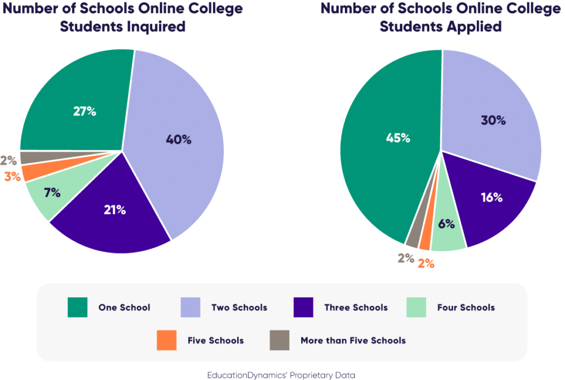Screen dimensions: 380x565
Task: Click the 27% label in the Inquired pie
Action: click(x=84, y=111)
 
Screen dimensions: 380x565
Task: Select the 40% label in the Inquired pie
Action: click(x=178, y=140)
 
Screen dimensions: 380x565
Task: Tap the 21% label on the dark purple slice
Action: click(x=115, y=210)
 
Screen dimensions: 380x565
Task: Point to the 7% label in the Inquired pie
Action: click(x=52, y=193)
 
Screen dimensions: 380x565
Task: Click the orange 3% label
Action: click(x=12, y=177)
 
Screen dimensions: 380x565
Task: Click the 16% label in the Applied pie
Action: click(x=491, y=197)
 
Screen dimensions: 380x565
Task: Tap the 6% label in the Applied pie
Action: click(x=446, y=224)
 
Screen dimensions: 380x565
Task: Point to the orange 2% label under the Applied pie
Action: click(x=425, y=263)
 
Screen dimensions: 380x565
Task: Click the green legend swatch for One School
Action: click(x=77, y=308)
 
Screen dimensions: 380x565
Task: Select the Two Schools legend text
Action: click(x=239, y=308)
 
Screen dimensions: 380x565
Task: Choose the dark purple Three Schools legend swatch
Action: click(x=303, y=308)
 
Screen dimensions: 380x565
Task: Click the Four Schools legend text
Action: click(x=466, y=308)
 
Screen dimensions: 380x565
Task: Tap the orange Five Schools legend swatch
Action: click(x=167, y=340)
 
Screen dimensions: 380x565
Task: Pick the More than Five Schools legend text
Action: click(x=353, y=340)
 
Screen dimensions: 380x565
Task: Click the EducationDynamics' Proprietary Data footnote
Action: click(x=281, y=374)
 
